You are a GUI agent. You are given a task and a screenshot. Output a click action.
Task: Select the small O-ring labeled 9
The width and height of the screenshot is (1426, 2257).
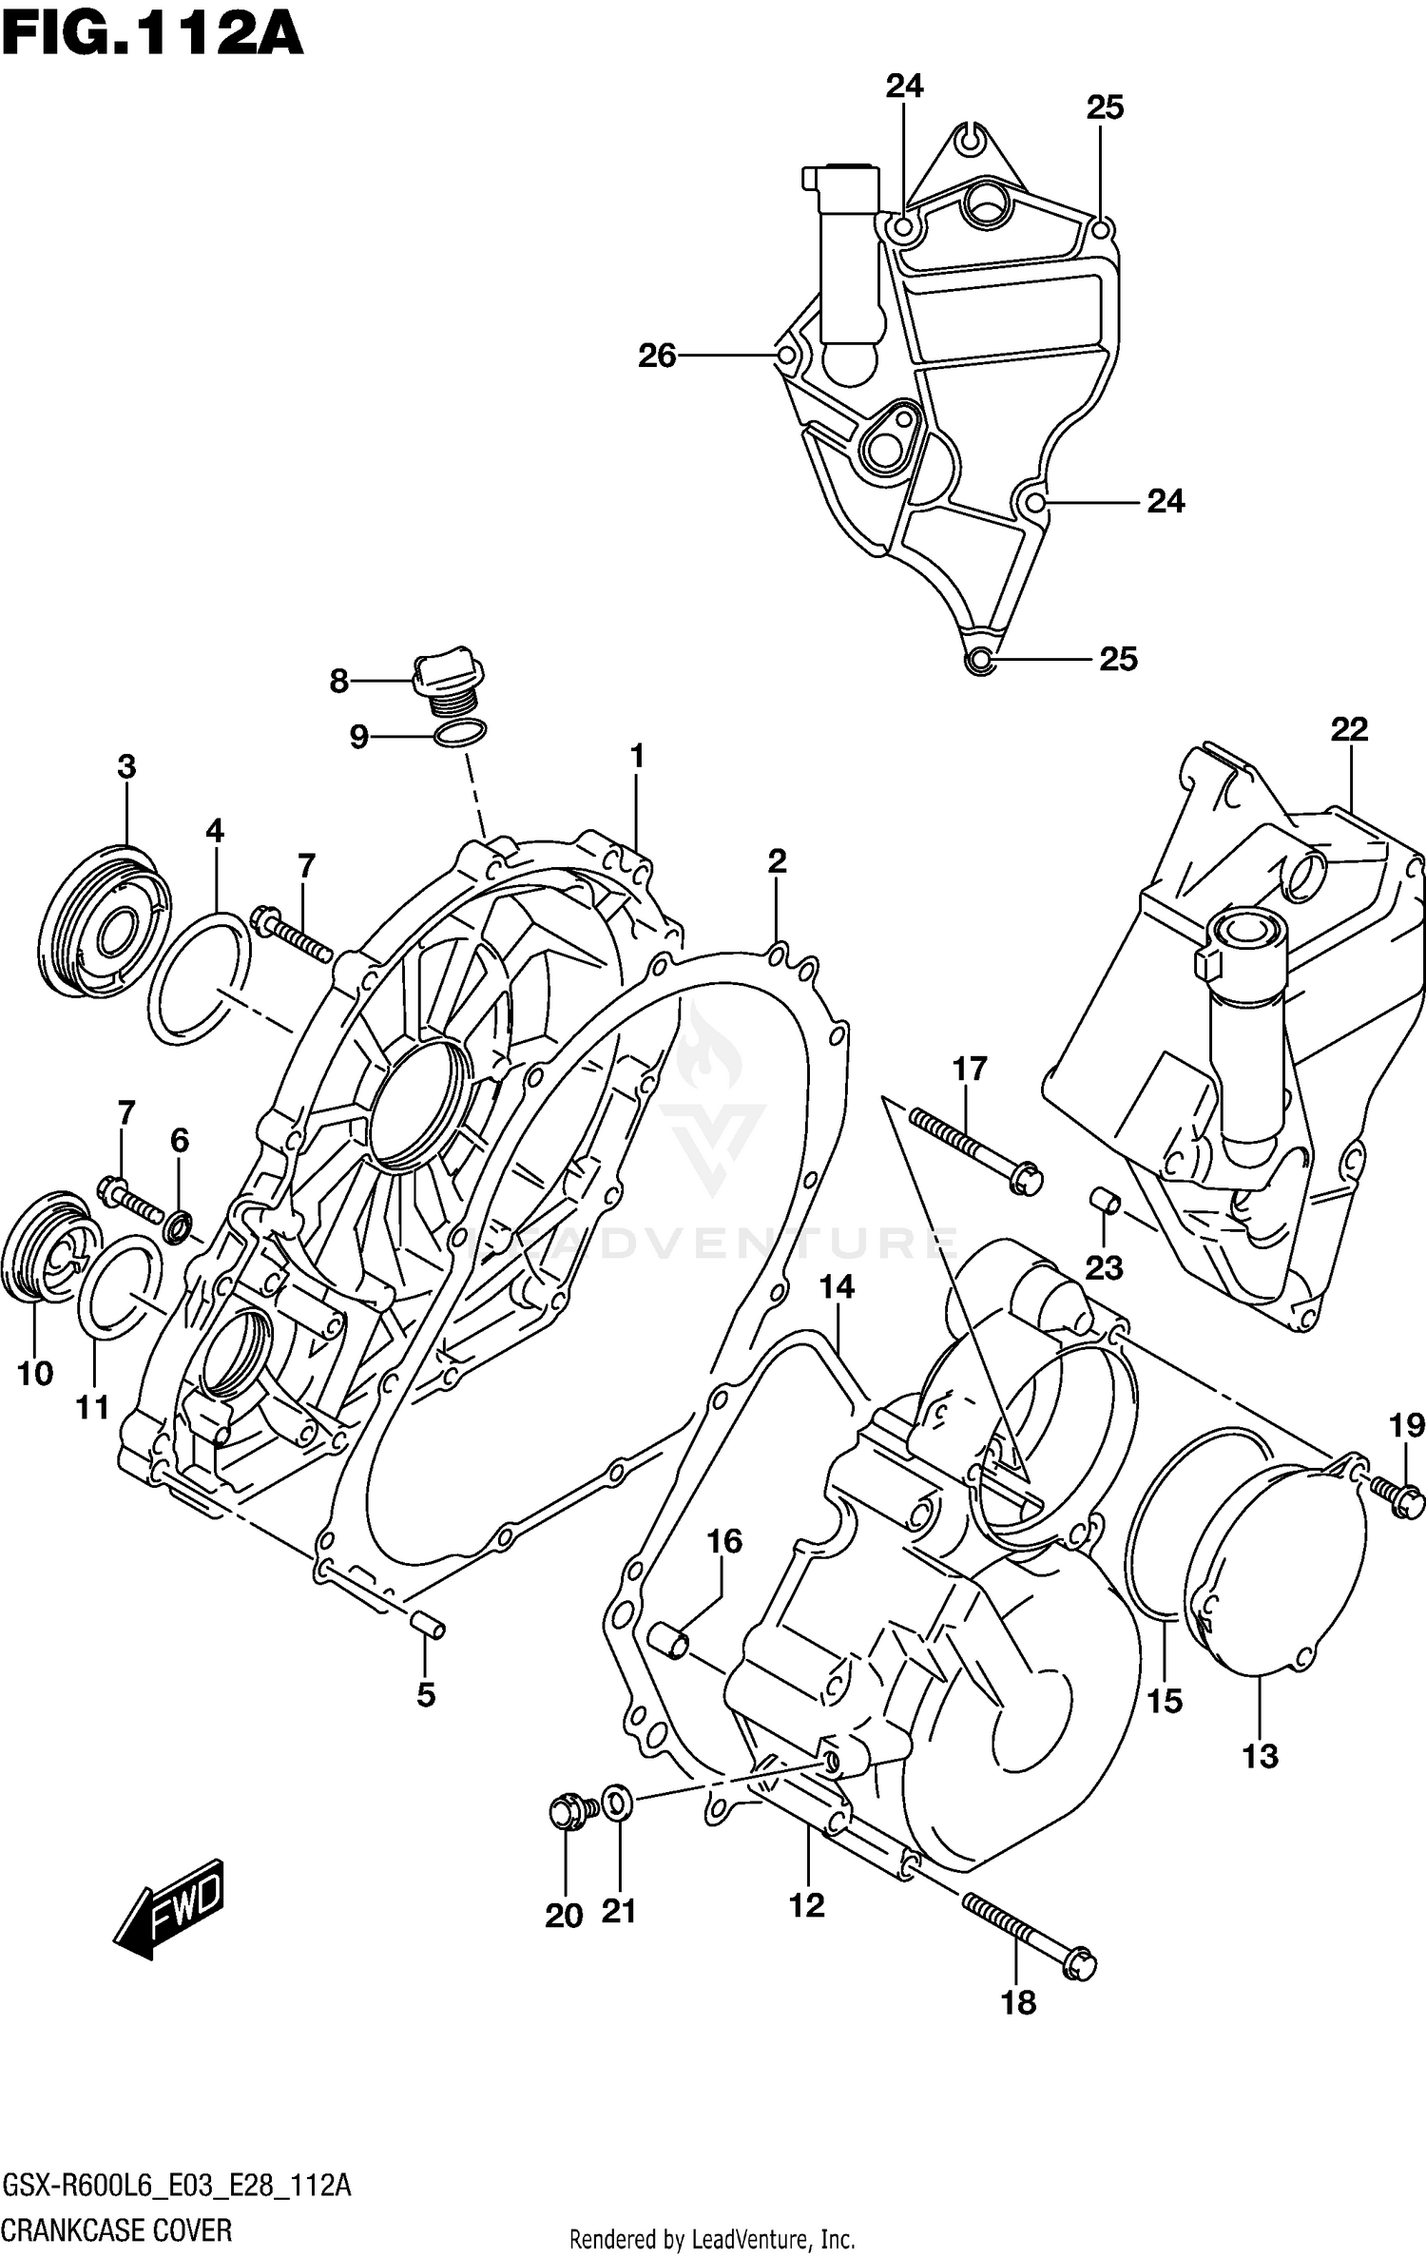click(x=460, y=734)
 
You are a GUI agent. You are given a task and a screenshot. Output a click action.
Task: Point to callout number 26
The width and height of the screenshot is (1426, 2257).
click(x=656, y=356)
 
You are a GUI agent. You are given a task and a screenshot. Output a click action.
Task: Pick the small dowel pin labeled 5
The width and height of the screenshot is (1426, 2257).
click(x=428, y=1625)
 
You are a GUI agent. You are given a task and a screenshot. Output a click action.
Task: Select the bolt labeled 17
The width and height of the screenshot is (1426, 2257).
click(x=974, y=1150)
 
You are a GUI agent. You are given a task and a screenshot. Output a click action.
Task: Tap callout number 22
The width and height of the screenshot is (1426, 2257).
click(x=1348, y=729)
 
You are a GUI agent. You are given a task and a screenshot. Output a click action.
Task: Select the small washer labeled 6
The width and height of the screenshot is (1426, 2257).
click(x=178, y=1226)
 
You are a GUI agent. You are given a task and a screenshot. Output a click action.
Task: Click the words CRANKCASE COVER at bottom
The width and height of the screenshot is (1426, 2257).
click(x=117, y=2223)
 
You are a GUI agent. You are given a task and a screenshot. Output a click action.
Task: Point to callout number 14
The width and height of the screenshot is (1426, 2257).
click(x=837, y=1288)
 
